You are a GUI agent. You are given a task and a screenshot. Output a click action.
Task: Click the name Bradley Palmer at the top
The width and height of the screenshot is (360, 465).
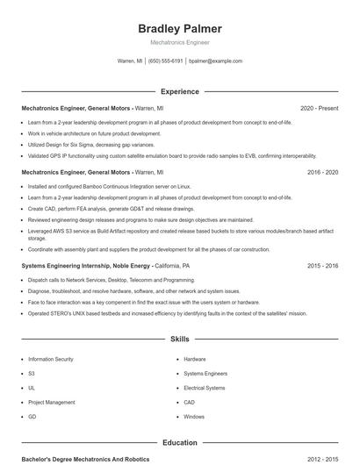coord(180,29)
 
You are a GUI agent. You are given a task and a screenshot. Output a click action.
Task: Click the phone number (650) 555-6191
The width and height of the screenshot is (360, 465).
coord(165,61)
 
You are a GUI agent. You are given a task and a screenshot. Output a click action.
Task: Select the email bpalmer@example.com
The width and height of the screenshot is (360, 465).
coord(215,61)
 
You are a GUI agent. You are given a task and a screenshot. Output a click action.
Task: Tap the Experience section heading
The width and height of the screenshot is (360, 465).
coord(180,91)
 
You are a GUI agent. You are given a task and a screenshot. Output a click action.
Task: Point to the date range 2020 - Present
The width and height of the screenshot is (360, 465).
coord(319,108)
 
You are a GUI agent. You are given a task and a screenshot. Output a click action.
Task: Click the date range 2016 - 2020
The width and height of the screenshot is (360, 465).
coord(322,172)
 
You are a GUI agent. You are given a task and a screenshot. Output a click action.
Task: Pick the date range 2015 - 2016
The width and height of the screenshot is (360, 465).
coord(322,265)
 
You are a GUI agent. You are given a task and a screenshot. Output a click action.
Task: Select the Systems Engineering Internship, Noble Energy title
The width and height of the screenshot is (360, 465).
coord(86,265)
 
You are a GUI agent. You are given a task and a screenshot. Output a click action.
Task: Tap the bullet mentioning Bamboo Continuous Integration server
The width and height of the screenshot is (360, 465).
coord(110,187)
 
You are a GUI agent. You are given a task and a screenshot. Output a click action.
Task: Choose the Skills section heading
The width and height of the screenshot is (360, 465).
coord(180,338)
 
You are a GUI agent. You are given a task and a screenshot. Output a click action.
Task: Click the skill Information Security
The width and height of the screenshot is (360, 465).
coord(51,359)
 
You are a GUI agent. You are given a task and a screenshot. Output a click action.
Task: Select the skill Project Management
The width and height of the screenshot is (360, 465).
coord(51,402)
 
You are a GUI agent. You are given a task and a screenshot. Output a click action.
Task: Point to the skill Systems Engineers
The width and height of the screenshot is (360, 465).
coord(205,373)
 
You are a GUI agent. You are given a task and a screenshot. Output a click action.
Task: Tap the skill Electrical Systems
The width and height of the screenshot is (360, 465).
coord(205,388)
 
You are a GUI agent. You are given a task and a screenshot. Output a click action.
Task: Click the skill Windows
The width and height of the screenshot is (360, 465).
coord(194,416)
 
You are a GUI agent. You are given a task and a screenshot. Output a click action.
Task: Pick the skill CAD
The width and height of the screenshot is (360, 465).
coord(190,402)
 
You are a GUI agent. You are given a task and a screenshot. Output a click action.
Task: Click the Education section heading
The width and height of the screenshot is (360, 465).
coord(180,443)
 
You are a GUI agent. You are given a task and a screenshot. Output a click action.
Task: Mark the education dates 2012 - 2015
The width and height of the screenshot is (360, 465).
coord(322,459)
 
